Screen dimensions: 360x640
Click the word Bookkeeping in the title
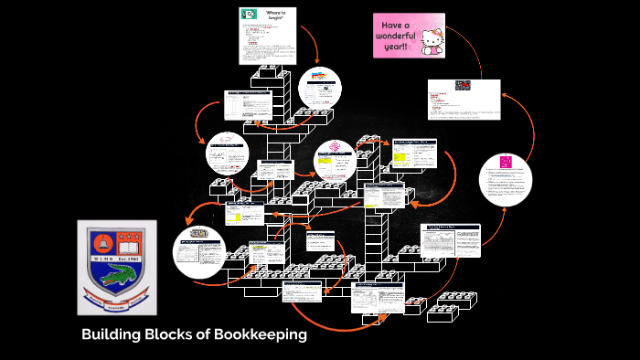pos(260,334)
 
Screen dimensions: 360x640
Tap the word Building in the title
pos(111,334)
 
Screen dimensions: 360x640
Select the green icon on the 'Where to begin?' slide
pos(247,14)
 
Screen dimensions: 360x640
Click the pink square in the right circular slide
pos(505,162)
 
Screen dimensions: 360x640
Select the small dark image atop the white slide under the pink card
pos(462,85)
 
